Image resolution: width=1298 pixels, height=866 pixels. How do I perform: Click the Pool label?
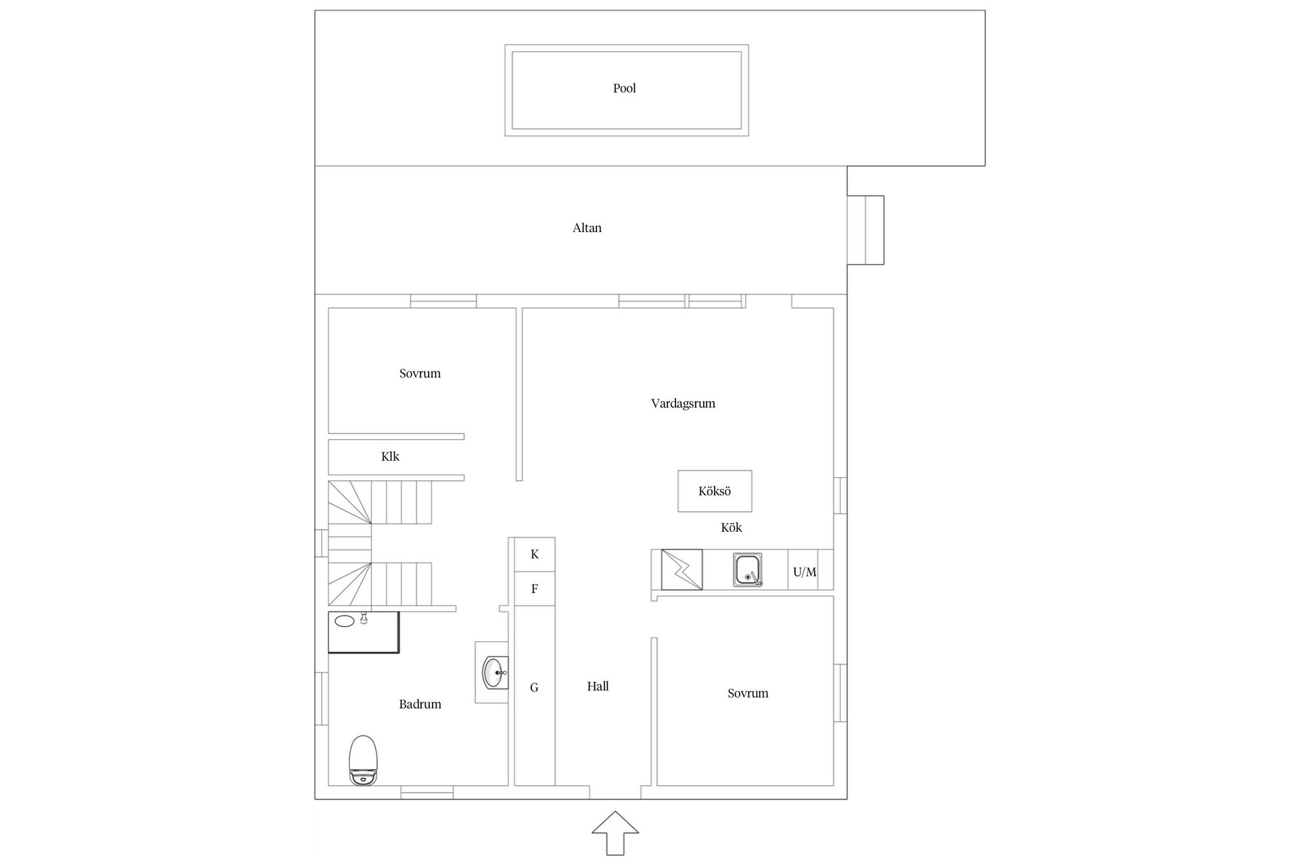624,88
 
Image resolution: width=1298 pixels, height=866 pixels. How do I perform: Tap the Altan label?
587,228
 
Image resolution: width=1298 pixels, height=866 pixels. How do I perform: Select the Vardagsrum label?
683,404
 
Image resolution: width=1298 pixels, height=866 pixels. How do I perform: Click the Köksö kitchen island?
715,491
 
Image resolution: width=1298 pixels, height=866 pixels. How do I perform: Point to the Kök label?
731,528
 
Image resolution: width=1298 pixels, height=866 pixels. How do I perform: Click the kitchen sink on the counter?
748,570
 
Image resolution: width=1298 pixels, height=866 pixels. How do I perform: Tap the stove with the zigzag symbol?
681,570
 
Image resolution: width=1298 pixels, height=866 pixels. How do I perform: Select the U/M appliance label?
804,572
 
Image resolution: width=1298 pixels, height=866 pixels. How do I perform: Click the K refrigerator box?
535,555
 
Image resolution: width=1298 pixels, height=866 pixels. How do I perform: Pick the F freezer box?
535,589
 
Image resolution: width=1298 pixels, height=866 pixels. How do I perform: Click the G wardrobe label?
534,688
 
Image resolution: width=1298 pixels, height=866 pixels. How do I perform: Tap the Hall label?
598,687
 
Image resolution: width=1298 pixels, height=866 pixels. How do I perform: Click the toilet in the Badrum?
363,760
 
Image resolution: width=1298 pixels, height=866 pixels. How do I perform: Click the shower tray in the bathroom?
364,633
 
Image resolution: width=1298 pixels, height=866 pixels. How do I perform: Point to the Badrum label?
420,704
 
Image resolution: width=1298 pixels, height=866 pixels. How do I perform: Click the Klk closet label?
390,457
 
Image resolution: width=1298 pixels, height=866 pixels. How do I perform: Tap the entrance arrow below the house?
615,833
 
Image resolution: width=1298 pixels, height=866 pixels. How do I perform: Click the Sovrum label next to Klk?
420,373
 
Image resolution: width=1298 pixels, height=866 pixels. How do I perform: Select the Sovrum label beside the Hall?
748,693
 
